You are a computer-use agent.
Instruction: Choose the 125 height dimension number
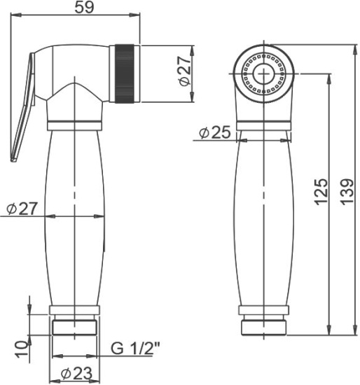pyautogui.click(x=320, y=190)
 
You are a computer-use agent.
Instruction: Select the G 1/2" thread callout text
pyautogui.click(x=137, y=347)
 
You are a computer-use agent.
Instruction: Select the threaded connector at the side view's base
pyautogui.click(x=74, y=327)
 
